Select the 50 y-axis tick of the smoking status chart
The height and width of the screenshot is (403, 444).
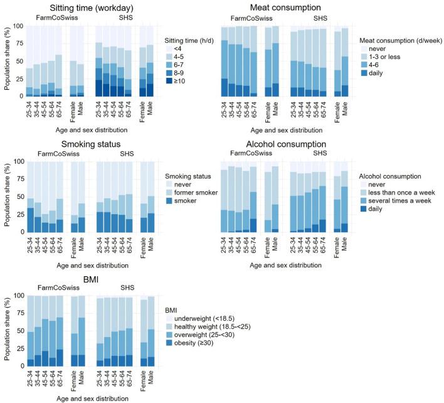(19, 196)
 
